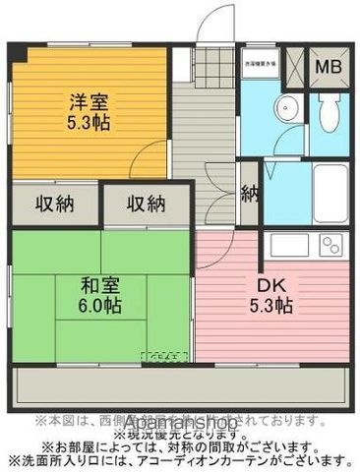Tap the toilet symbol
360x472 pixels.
tap(328, 114)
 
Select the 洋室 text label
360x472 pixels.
tap(87, 100)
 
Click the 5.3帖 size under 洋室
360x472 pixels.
tap(87, 124)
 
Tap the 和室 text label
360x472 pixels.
tap(100, 284)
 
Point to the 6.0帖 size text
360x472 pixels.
tap(100, 307)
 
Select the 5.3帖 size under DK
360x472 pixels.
tap(272, 306)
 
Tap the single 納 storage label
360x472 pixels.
tap(251, 194)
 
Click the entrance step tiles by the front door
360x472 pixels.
tap(215, 63)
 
